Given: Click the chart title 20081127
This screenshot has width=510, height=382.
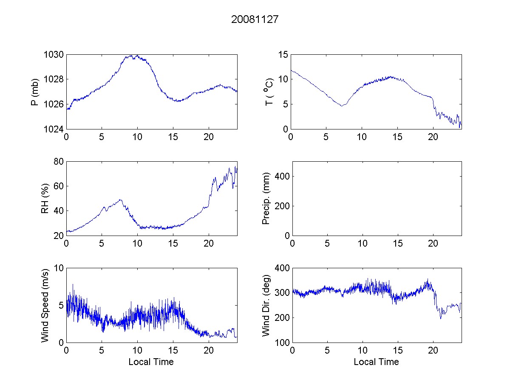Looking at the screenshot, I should click(x=255, y=20).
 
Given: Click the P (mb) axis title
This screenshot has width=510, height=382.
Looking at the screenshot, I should click(x=36, y=92).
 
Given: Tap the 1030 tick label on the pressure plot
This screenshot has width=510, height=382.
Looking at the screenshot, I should click(x=54, y=55).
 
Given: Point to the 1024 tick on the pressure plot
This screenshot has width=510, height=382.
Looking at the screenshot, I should click(x=54, y=129).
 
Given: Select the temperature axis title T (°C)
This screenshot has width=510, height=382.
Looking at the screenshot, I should click(x=269, y=92).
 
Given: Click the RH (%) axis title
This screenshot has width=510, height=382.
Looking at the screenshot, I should click(x=45, y=198).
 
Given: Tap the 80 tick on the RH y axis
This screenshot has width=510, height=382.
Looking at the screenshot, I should click(x=58, y=161).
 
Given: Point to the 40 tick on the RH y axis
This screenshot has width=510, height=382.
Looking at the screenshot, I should click(x=58, y=211).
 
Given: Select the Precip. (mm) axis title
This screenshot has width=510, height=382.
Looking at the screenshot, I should click(x=266, y=198).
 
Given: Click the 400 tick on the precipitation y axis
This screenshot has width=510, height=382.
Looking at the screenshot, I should click(x=279, y=176).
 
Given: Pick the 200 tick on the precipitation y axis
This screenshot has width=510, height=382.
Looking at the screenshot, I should click(x=279, y=206).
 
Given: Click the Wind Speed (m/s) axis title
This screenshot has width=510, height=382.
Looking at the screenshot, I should click(x=45, y=305).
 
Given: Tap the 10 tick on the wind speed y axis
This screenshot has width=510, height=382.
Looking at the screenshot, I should click(x=58, y=268).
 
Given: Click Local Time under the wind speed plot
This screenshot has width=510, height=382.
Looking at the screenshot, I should click(x=151, y=362).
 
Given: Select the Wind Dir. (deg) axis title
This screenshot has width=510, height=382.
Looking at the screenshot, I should click(x=266, y=305).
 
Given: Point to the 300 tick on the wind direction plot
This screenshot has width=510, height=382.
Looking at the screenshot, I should click(x=279, y=293).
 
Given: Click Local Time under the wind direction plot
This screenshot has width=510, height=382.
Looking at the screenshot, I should click(x=376, y=362).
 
